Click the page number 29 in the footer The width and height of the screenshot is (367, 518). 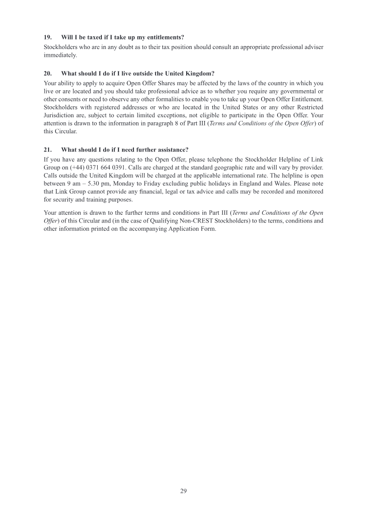coord(183,491)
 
